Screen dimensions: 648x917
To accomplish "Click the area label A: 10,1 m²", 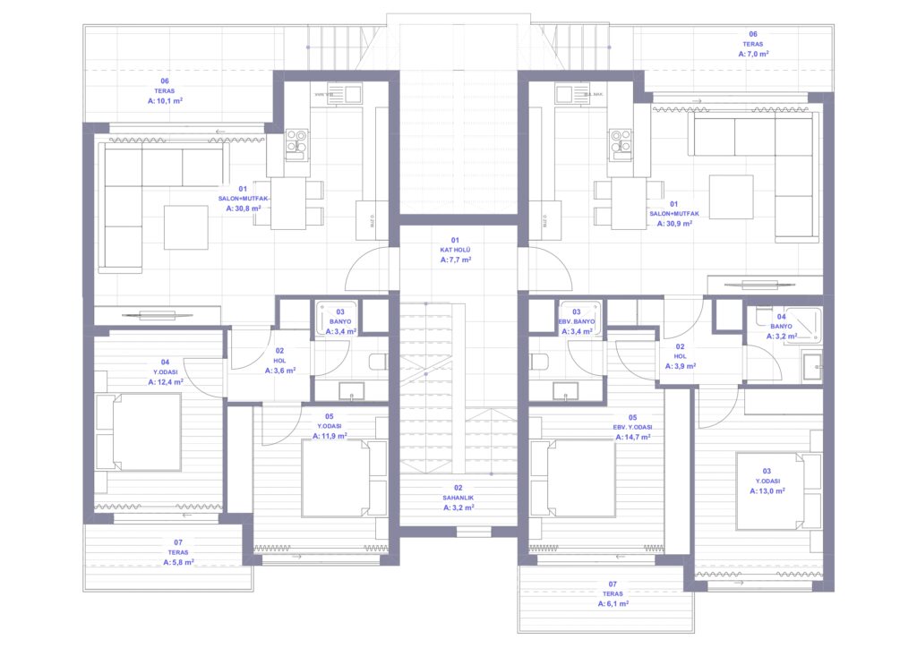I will point(165,101).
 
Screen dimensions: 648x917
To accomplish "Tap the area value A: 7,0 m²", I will point(753,54).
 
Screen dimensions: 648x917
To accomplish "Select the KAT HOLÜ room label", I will point(455,250).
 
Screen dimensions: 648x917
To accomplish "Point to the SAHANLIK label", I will point(458,497).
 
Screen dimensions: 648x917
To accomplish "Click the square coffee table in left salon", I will point(185,226).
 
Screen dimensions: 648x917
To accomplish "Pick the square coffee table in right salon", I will point(731,196).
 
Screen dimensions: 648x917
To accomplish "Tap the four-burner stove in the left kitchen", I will point(296,140).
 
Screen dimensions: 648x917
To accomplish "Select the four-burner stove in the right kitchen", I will point(621,140).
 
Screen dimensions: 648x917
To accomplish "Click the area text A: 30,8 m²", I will point(244,209).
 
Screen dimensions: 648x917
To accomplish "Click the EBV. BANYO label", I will point(577,321).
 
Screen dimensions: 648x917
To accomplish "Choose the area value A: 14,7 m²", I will point(632,437).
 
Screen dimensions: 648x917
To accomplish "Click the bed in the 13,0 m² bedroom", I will point(777,491).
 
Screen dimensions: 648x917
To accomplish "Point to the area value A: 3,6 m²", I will point(279,370).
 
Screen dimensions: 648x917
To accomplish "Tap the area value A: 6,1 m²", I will point(613,604).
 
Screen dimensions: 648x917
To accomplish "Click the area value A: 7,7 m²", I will point(455,260).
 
